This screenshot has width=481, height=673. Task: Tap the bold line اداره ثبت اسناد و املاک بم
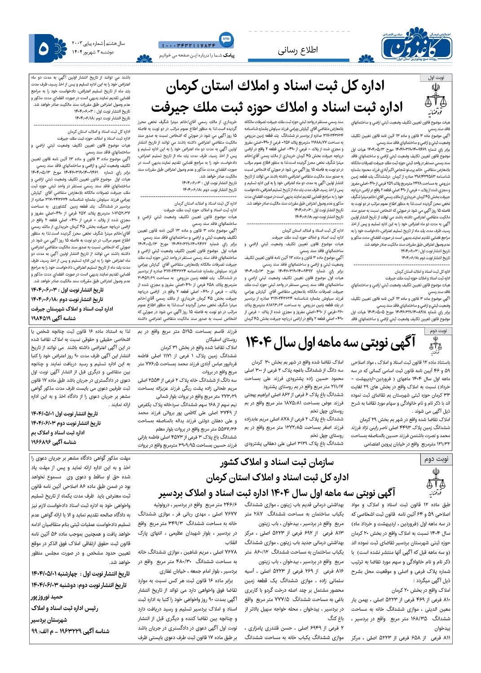[x=58, y=433]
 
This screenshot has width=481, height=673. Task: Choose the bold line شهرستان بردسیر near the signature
[x=49, y=620]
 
